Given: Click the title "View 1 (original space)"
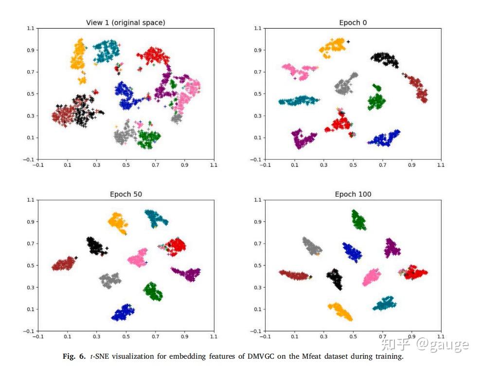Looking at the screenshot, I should tap(126, 23).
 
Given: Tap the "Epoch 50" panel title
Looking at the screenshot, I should tap(126, 194).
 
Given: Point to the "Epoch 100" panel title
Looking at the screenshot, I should tap(353, 194).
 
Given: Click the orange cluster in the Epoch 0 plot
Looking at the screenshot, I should tap(334, 47).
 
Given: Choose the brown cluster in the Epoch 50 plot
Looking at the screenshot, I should tap(63, 264).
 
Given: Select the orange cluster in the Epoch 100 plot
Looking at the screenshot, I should tap(340, 311).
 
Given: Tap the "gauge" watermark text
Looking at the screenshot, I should tap(442, 345).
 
